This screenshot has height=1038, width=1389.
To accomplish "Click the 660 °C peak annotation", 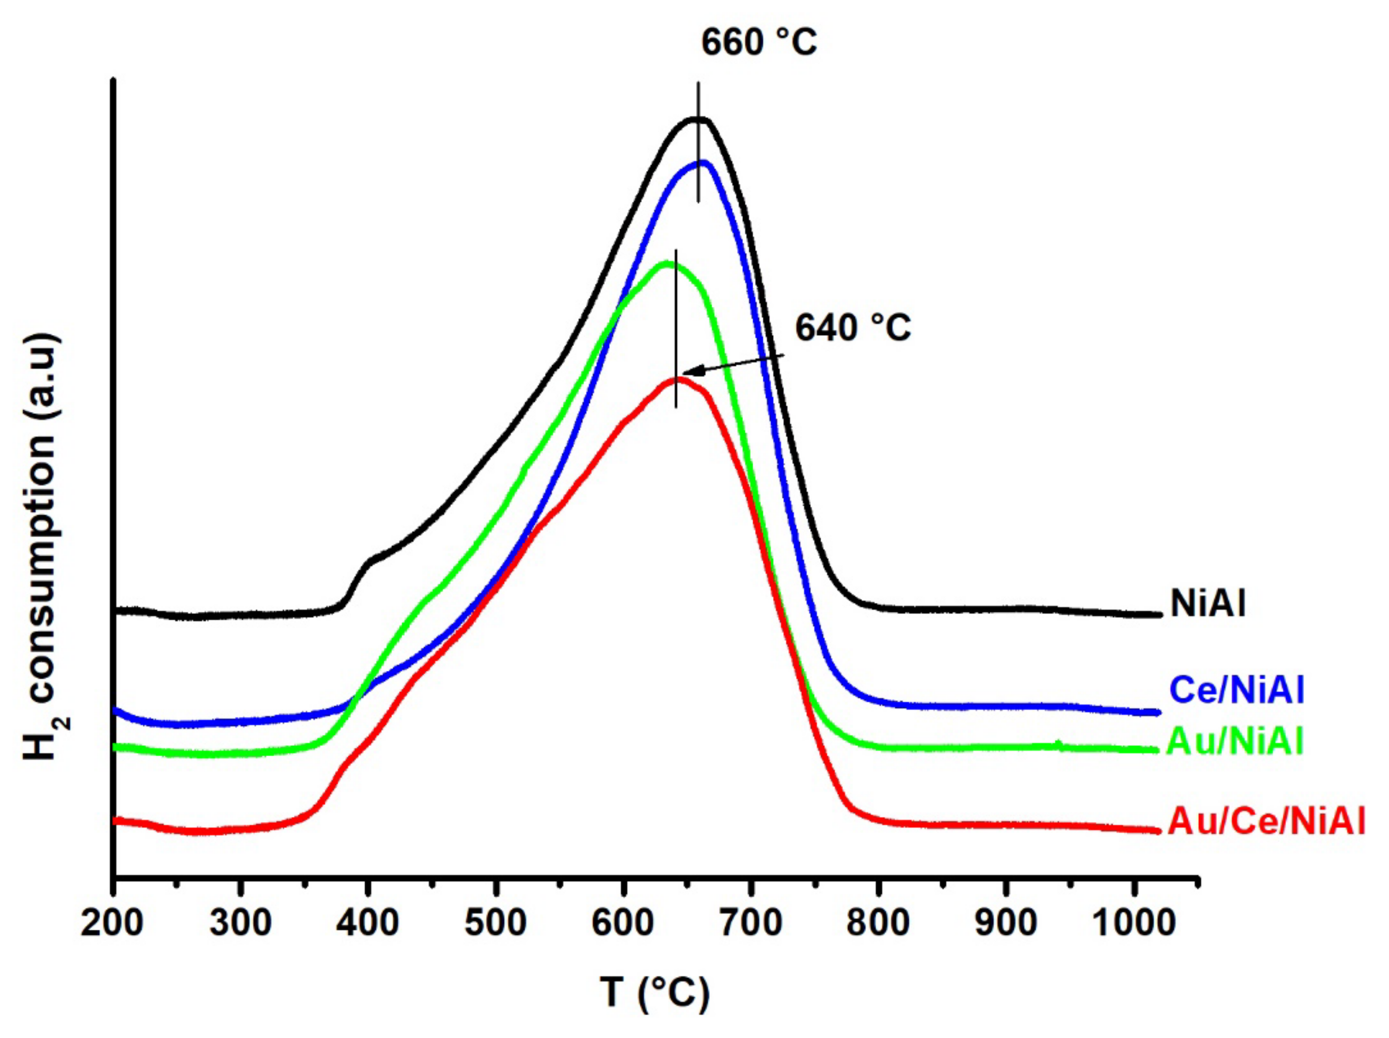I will (759, 43).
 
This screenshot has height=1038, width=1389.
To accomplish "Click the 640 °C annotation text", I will (853, 328).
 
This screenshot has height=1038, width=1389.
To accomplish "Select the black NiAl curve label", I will (1207, 604).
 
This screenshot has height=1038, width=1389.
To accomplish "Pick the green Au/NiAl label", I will (1234, 741).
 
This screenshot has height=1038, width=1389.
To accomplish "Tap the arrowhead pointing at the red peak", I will (689, 373).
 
